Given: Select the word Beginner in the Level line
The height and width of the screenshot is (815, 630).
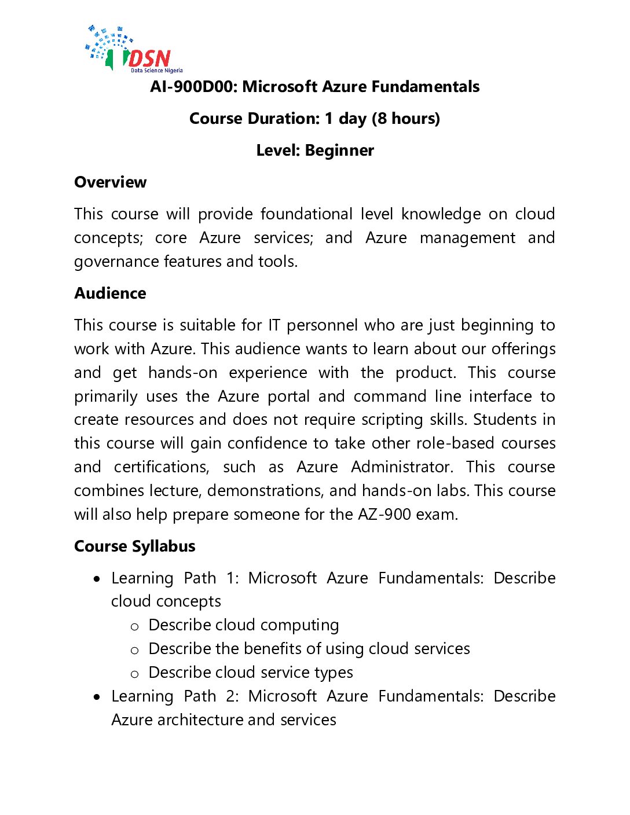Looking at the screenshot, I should [339, 150].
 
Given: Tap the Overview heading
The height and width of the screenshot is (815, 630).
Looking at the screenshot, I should [110, 182].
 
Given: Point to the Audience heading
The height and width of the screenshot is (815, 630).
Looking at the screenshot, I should [110, 293].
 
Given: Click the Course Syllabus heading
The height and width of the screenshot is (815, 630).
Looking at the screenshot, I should [134, 546].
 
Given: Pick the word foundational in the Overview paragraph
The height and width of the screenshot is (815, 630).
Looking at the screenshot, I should [306, 214].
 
